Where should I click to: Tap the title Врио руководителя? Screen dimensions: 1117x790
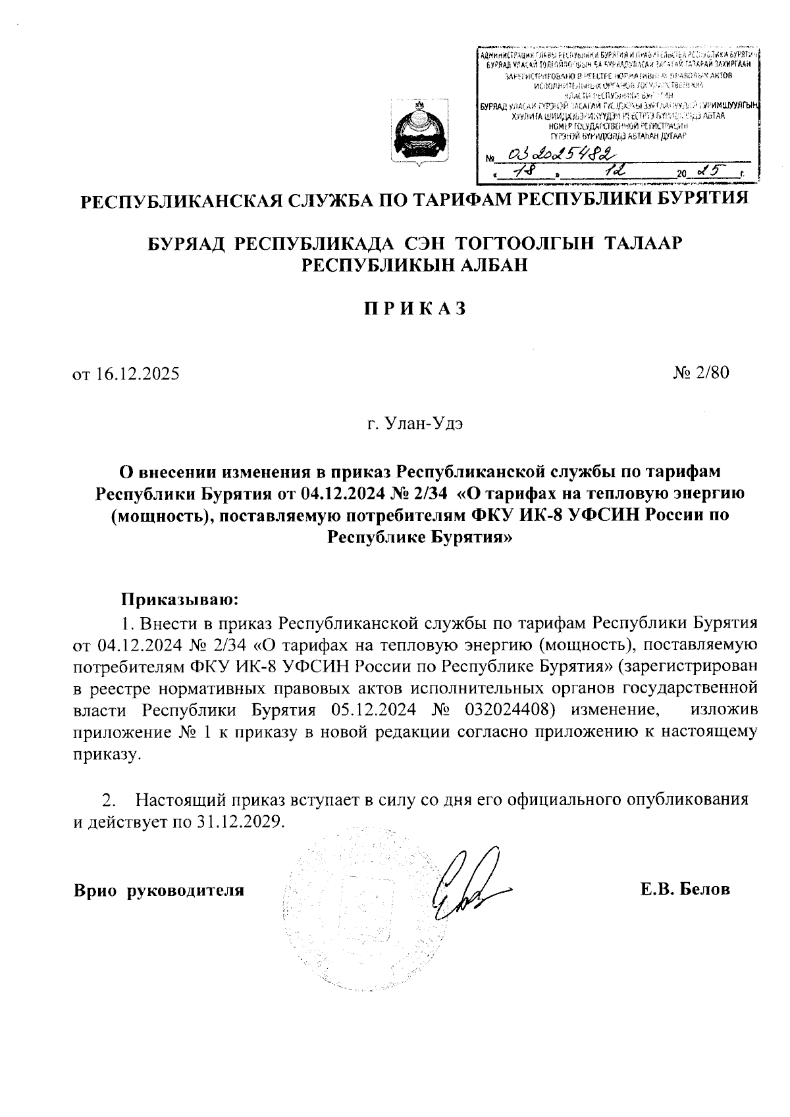159,891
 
